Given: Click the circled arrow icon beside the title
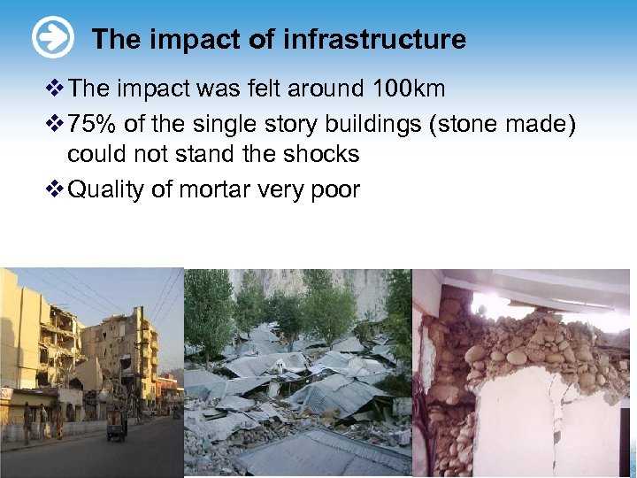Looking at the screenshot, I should coord(53,39).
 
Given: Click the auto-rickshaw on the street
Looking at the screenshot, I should coord(117,427).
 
